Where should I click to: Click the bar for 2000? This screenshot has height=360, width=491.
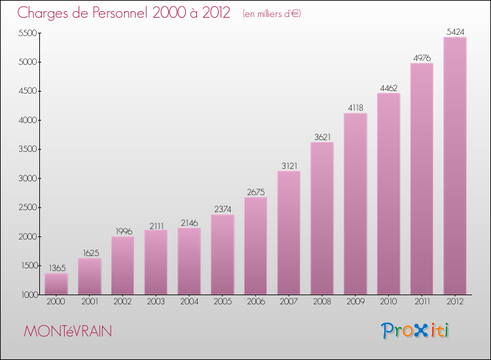tap(56, 283)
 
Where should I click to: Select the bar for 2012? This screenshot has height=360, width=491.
tap(455, 166)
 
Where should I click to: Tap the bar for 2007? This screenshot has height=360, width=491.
tap(289, 232)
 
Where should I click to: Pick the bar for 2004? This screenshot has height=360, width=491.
tap(189, 261)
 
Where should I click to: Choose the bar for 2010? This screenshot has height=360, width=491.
tap(389, 194)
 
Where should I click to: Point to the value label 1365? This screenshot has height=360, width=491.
tap(56, 267)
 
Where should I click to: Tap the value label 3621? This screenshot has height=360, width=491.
tap(322, 136)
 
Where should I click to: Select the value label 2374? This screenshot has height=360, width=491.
tap(223, 209)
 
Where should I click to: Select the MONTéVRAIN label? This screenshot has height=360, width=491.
tap(67, 331)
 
